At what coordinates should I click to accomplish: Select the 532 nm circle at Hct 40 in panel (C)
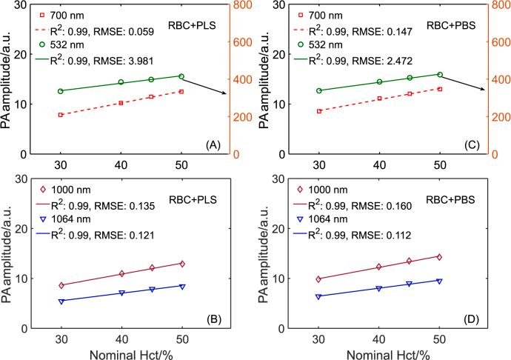tap(379, 81)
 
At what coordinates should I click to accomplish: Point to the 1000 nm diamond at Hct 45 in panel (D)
tap(410, 261)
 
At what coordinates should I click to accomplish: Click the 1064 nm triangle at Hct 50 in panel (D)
tap(440, 281)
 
